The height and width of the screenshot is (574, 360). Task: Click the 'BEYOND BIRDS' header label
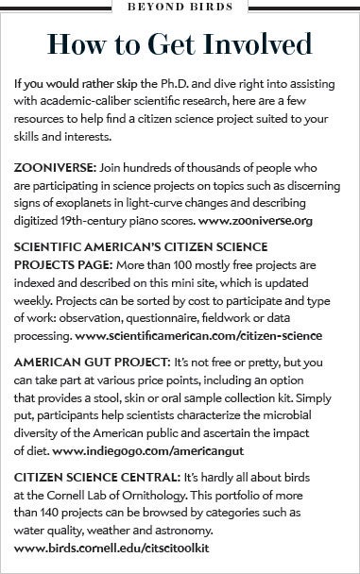180,8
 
